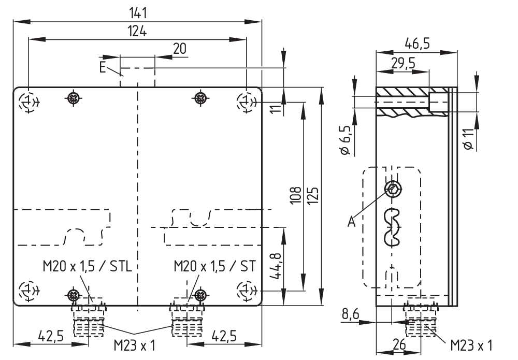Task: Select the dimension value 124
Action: point(138,31)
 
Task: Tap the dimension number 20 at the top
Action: point(180,49)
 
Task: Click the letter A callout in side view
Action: point(352,222)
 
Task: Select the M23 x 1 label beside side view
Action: point(471,344)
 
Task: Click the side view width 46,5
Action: point(417,43)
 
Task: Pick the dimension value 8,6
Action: point(352,313)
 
